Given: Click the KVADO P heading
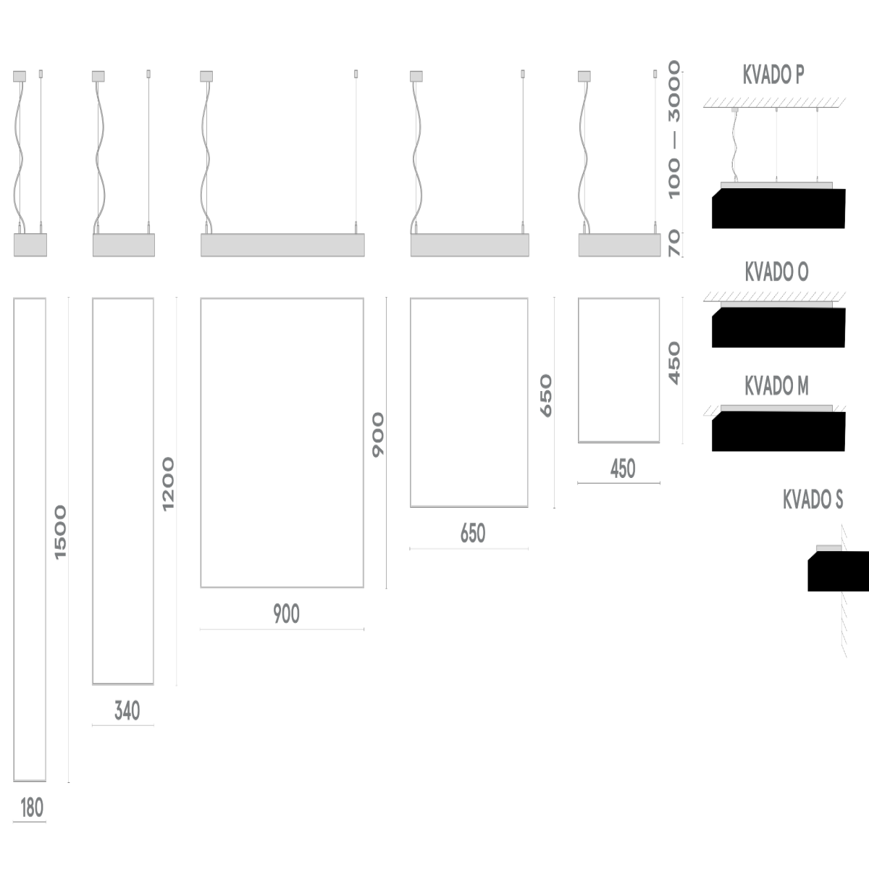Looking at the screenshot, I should tap(773, 75).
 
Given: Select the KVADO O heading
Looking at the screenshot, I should tap(776, 272).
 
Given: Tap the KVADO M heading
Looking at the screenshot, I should tap(776, 387).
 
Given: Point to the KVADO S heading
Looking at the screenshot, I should tap(813, 500).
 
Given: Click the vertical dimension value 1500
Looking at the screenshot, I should tap(60, 532).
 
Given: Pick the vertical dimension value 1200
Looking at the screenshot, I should tap(169, 483).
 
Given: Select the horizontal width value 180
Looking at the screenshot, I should tap(32, 808).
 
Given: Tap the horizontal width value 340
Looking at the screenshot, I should tap(127, 711).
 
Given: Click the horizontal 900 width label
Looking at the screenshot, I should tap(286, 614).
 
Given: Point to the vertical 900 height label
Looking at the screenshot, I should tap(378, 434).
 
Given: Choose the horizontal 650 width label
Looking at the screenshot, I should tap(472, 534).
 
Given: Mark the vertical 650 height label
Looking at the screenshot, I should tap(546, 395).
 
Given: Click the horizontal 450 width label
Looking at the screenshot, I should tap(623, 469).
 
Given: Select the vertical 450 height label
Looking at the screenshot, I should tap(674, 363).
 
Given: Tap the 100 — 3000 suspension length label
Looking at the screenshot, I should tap(674, 130).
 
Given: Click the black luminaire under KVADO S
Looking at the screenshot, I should tap(839, 571).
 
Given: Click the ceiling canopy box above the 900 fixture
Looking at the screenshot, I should tap(206, 75).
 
